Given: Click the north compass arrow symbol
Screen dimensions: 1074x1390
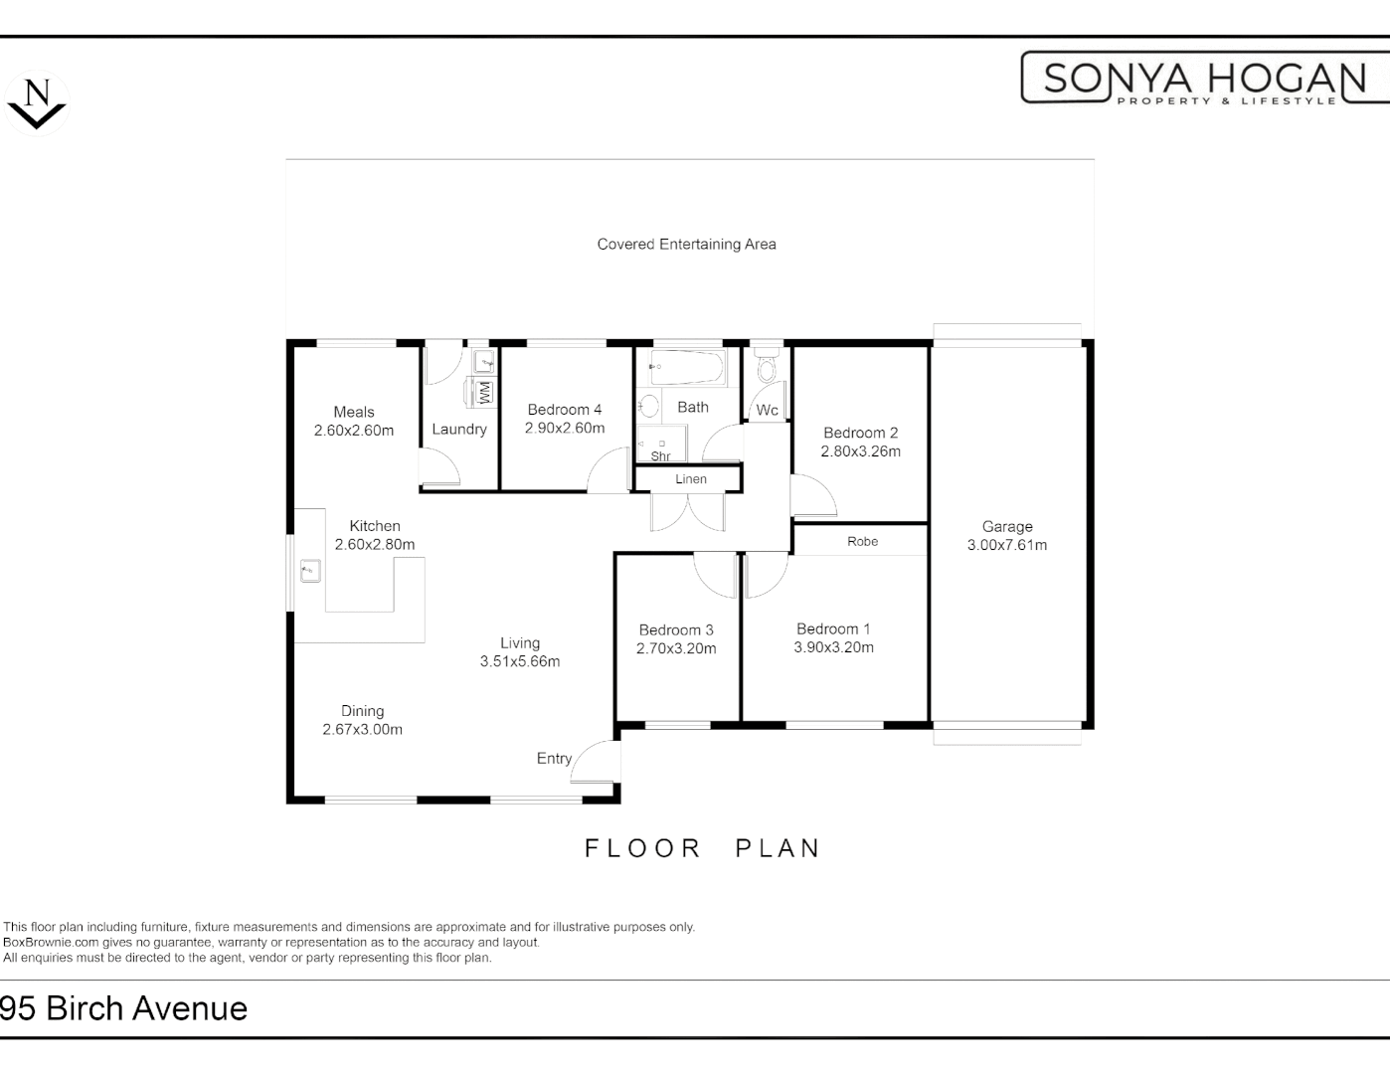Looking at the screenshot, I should (x=37, y=103).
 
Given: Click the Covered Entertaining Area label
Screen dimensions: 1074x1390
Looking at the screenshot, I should (x=686, y=244).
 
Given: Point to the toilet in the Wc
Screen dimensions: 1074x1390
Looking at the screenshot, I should (x=766, y=369).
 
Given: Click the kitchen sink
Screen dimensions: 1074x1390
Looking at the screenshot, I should (x=310, y=571).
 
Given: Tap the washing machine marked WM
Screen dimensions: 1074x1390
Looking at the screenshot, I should (x=484, y=392).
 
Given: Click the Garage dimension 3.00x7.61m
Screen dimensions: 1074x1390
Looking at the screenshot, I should (x=1006, y=545).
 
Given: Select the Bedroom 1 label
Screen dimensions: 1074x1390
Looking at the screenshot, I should (x=833, y=628).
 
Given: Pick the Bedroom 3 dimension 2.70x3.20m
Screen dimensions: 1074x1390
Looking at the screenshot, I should (x=676, y=648).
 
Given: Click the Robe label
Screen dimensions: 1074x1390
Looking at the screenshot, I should (x=862, y=541).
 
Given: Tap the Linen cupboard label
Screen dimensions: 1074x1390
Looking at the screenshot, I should (x=690, y=479).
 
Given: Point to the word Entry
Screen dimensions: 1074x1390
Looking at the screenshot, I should (x=554, y=759).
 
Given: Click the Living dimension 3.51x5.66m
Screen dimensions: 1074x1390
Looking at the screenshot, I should (x=519, y=661).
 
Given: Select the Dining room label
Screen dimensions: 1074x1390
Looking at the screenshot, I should (x=362, y=711).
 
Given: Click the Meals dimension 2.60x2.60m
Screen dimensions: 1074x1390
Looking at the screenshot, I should (x=354, y=431).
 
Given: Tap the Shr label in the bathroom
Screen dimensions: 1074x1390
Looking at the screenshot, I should (x=660, y=456).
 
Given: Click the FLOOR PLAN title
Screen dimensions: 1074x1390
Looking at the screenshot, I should (x=702, y=848).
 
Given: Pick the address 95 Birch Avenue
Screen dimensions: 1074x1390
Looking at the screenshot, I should (x=124, y=1008).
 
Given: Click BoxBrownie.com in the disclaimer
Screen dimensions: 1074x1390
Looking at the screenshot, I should (x=51, y=943).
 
